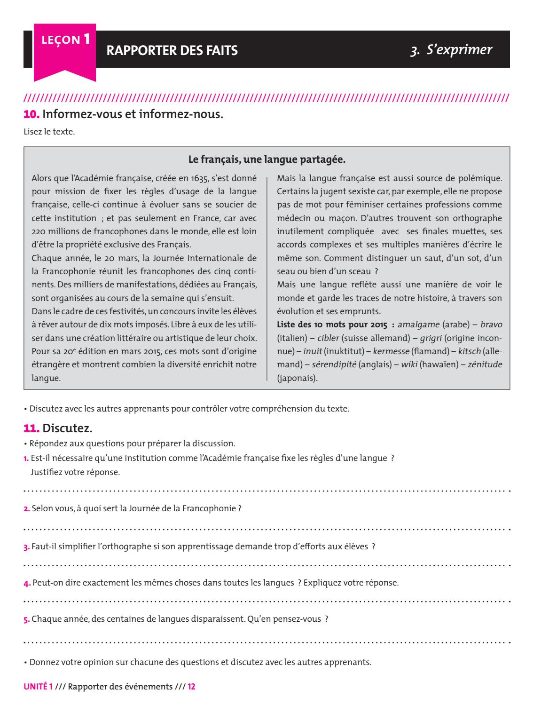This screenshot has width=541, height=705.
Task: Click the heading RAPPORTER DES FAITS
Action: (172, 50)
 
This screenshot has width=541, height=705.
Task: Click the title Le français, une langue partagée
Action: (267, 160)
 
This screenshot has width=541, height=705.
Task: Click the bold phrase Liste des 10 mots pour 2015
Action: (330, 325)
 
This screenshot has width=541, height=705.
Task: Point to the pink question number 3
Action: (26, 547)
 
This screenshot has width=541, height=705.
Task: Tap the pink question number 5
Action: (26, 619)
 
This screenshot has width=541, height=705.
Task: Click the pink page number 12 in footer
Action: (191, 687)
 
